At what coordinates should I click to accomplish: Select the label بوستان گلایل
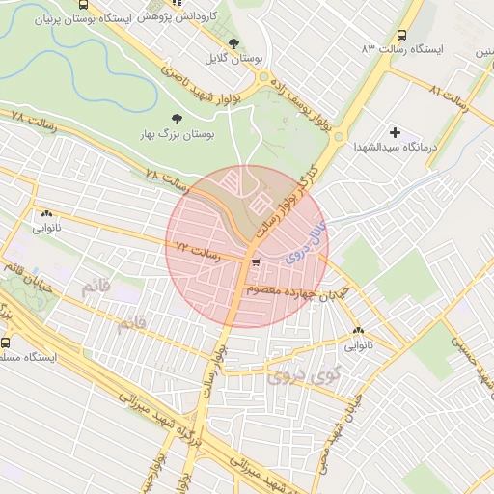(x=234, y=58)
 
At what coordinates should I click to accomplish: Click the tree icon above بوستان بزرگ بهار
(x=175, y=118)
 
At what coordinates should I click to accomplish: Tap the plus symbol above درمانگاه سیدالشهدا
(x=395, y=131)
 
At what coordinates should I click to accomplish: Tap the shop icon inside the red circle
(x=255, y=261)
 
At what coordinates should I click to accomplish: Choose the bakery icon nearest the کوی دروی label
(x=359, y=330)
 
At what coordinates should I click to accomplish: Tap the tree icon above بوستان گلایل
(x=234, y=43)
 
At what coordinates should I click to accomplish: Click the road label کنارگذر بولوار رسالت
(x=287, y=200)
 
